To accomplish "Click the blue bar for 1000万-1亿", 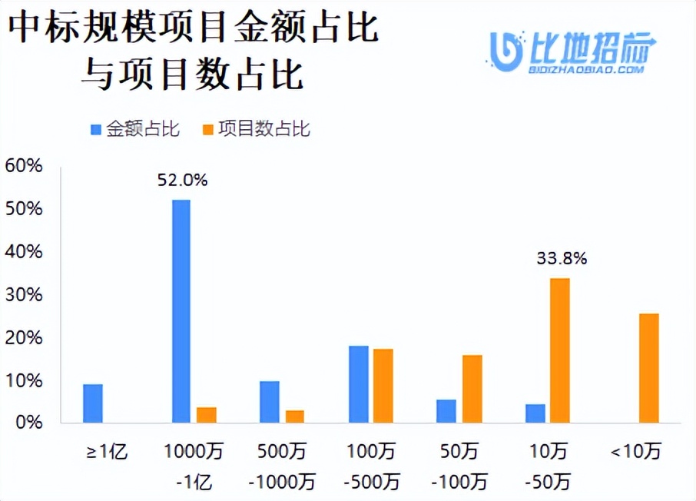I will coord(181,311).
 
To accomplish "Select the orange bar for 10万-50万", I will coord(560,350).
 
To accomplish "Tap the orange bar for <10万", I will coord(649,368).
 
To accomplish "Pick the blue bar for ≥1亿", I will coord(93,403).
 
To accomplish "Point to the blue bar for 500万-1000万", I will coord(270,402).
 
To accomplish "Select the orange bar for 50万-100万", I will coord(472,389).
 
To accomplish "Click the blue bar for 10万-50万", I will coord(535,413).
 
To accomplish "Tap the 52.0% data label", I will coord(183,181).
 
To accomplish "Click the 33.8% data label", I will coord(562,259).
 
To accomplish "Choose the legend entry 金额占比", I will coord(135,129).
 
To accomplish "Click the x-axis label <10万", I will coord(635,453).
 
